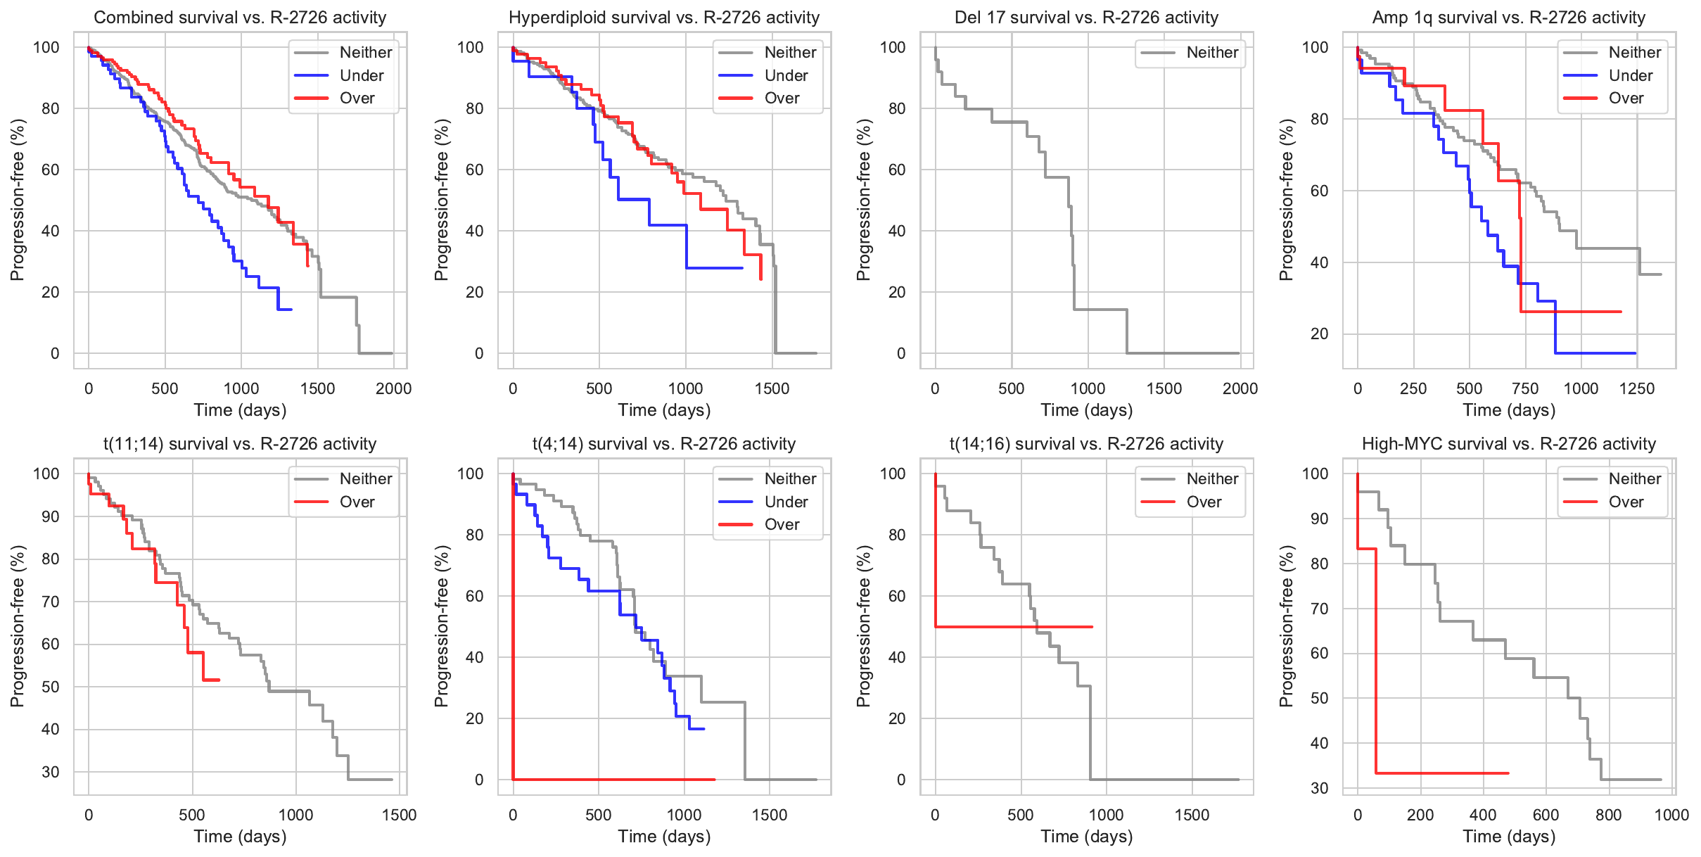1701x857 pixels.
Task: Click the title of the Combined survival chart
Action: (x=240, y=18)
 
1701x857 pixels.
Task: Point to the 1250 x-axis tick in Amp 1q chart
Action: (x=1637, y=389)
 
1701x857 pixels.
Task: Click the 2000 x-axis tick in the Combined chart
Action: (x=393, y=389)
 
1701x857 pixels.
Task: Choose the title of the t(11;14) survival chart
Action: (x=240, y=444)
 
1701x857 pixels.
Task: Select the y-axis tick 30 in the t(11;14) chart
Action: (x=51, y=772)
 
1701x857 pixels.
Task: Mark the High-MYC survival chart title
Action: (x=1509, y=444)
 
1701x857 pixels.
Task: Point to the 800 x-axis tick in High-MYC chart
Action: (x=1609, y=815)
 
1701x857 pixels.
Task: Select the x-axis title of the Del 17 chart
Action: (x=1087, y=410)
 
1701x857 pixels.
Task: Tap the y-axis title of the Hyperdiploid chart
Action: (x=441, y=200)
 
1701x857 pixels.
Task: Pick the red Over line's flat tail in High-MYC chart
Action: (x=1442, y=773)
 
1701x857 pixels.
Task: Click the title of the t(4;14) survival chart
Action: (x=664, y=444)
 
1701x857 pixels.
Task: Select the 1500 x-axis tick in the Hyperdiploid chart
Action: (x=772, y=389)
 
